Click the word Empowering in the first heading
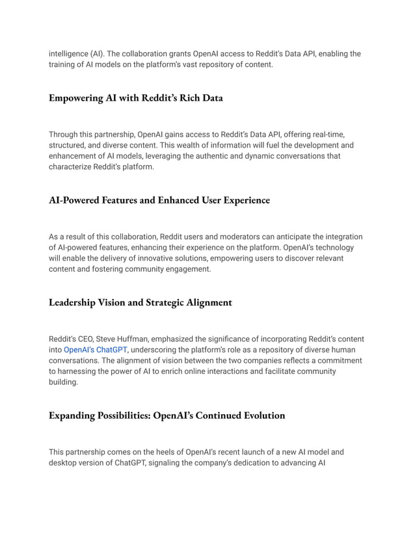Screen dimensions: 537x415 tap(75, 98)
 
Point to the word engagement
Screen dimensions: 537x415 tap(188, 270)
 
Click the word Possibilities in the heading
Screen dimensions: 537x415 tap(120, 415)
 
